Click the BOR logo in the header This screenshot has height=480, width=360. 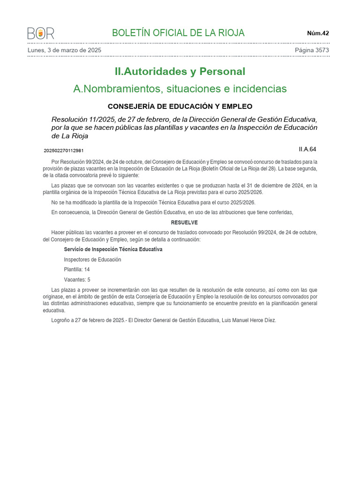click(41, 33)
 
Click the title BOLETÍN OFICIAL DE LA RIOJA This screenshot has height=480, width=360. click(178, 33)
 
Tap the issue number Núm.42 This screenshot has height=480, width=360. click(318, 33)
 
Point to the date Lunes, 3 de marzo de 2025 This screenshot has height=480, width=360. click(65, 50)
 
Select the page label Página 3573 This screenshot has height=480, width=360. click(312, 50)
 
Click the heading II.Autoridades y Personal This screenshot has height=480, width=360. click(180, 72)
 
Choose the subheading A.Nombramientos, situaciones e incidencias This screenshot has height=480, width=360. click(180, 89)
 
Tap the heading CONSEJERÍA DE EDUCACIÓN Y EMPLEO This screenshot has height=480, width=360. click(180, 106)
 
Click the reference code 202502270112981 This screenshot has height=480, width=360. click(63, 150)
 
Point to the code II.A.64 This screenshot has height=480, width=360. click(307, 150)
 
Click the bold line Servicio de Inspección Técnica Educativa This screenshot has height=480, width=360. click(113, 249)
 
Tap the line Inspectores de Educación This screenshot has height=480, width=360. click(92, 260)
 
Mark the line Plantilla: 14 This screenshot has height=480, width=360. click(77, 270)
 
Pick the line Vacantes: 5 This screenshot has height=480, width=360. click(77, 280)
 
